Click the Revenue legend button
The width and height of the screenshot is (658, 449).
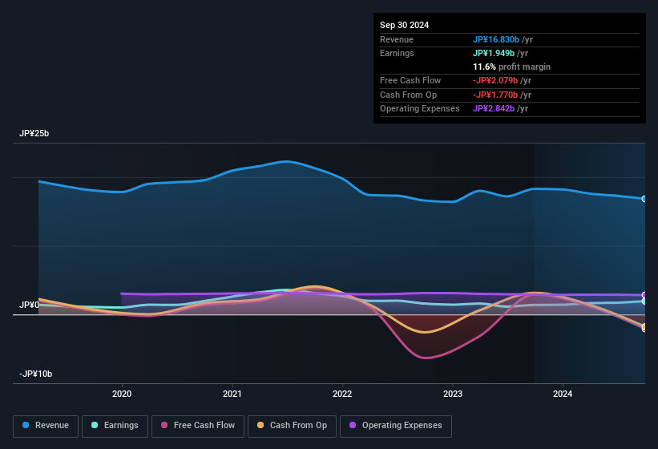[x=46, y=426]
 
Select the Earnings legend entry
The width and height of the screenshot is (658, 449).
[x=115, y=426]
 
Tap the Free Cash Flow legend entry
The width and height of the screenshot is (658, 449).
[x=199, y=426]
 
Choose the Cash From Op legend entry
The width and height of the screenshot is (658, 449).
[x=292, y=426]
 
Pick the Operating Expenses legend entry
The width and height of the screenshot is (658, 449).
[x=396, y=426]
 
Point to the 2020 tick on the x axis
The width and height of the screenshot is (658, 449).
[x=122, y=394]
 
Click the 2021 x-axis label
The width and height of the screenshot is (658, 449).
[x=232, y=394]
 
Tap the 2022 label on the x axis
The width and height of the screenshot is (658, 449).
[x=342, y=394]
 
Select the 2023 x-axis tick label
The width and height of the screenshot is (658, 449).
[x=453, y=394]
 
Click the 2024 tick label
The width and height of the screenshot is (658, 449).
[x=563, y=394]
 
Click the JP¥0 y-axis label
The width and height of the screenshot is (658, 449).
[x=29, y=305]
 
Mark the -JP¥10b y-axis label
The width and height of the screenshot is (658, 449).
[x=36, y=374]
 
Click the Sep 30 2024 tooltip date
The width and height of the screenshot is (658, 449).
[x=404, y=25]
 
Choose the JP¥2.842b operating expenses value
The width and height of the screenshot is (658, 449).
[x=500, y=108]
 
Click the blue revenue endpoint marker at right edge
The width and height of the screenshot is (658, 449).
[x=644, y=199]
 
